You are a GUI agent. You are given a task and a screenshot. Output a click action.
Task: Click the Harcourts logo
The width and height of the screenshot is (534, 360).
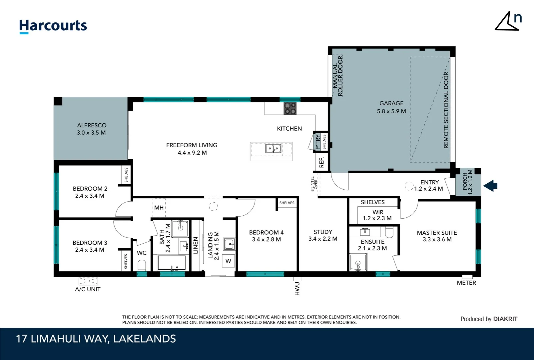[x=53, y=26]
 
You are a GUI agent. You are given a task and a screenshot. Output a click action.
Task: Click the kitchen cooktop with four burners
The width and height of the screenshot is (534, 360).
[x=290, y=108]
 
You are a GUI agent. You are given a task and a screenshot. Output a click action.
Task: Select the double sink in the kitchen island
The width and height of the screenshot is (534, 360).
[x=273, y=148]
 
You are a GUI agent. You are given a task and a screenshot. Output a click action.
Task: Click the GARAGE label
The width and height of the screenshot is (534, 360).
[x=391, y=103]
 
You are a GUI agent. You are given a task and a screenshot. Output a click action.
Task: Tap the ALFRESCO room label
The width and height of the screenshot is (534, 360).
[x=92, y=125]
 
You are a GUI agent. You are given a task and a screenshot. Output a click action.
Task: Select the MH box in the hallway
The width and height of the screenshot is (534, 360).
[x=159, y=208]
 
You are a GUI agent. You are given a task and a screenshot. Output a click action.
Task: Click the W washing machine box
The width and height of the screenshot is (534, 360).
[x=228, y=261]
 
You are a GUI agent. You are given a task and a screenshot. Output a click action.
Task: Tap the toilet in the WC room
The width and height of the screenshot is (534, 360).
[x=142, y=266]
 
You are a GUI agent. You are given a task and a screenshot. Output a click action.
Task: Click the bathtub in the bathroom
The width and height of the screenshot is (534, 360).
[x=172, y=263]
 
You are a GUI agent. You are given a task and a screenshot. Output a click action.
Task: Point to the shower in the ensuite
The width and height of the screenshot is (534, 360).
[x=358, y=263]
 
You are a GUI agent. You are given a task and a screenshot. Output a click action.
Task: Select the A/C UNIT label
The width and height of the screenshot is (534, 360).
[x=88, y=289]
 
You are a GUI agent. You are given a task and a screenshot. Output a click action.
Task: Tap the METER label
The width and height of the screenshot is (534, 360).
[x=466, y=283]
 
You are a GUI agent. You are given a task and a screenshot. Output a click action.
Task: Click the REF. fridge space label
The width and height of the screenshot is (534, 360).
[x=321, y=162]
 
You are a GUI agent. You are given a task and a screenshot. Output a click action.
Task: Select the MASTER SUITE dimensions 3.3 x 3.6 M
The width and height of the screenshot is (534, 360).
[x=437, y=240]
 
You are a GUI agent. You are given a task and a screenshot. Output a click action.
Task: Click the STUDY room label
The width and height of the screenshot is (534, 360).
[x=323, y=232]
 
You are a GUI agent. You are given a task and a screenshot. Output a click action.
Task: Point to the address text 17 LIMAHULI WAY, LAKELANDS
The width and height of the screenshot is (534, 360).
[x=96, y=339]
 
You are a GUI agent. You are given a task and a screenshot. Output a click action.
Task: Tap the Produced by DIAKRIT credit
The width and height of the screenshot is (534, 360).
[x=489, y=319]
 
